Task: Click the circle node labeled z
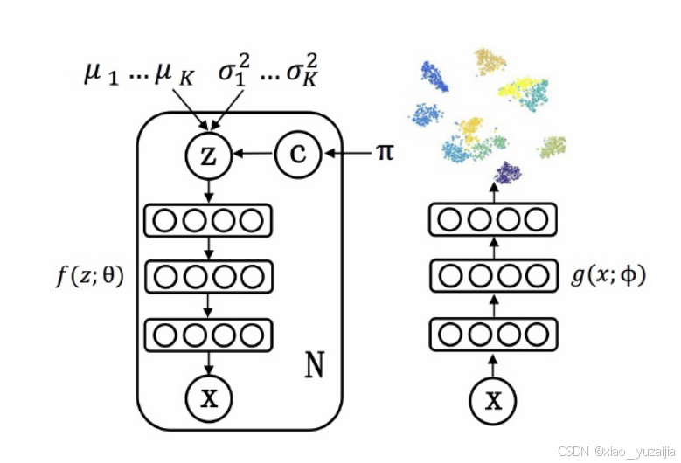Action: [207, 155]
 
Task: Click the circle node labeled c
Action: [298, 155]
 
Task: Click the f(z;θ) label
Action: [88, 277]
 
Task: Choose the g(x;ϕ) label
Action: [608, 277]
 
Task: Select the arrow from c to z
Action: [253, 155]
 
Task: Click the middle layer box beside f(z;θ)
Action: [207, 277]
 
